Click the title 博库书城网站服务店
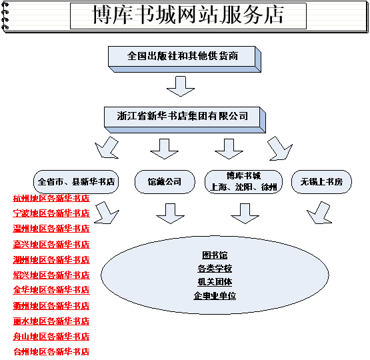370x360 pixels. [x=188, y=15]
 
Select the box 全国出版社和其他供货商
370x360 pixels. [x=184, y=59]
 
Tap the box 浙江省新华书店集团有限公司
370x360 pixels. [x=185, y=119]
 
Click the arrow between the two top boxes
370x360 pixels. [x=181, y=86]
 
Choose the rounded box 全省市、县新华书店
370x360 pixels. [x=76, y=182]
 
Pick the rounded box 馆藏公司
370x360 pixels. [x=165, y=182]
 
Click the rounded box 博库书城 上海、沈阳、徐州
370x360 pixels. [x=243, y=182]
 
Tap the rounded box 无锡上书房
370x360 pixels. [x=321, y=182]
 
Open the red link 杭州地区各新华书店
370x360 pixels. [x=51, y=199]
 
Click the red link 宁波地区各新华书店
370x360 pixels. [x=51, y=213]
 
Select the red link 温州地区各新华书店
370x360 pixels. [x=51, y=229]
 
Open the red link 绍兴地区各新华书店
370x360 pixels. [x=51, y=275]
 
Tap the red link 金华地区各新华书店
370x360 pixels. [x=51, y=290]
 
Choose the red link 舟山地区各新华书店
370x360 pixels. [x=51, y=337]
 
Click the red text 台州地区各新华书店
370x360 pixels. [x=51, y=352]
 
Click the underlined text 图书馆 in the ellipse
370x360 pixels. [x=215, y=255]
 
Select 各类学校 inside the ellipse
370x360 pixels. [x=215, y=269]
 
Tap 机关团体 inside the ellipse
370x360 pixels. [x=215, y=282]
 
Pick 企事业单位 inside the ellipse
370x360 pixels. [x=215, y=295]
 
